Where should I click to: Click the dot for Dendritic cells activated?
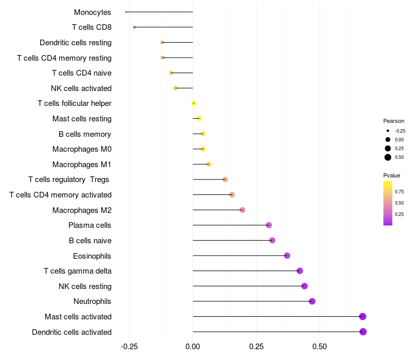(363, 332)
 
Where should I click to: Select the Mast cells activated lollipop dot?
(363, 316)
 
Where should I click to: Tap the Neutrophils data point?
(312, 301)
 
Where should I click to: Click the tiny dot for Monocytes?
(126, 12)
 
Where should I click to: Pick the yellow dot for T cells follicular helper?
(194, 103)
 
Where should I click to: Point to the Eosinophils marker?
(287, 256)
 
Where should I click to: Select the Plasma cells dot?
(269, 225)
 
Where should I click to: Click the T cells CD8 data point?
(134, 27)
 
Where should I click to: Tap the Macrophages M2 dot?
(242, 210)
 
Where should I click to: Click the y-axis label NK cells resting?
(85, 286)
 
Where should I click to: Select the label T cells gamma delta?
(78, 271)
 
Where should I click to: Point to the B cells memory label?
(85, 134)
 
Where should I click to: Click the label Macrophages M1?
(82, 165)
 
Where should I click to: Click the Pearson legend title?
(394, 121)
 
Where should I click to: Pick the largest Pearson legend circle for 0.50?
(388, 157)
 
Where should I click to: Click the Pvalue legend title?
(391, 175)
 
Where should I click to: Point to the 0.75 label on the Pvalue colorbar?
(399, 191)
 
